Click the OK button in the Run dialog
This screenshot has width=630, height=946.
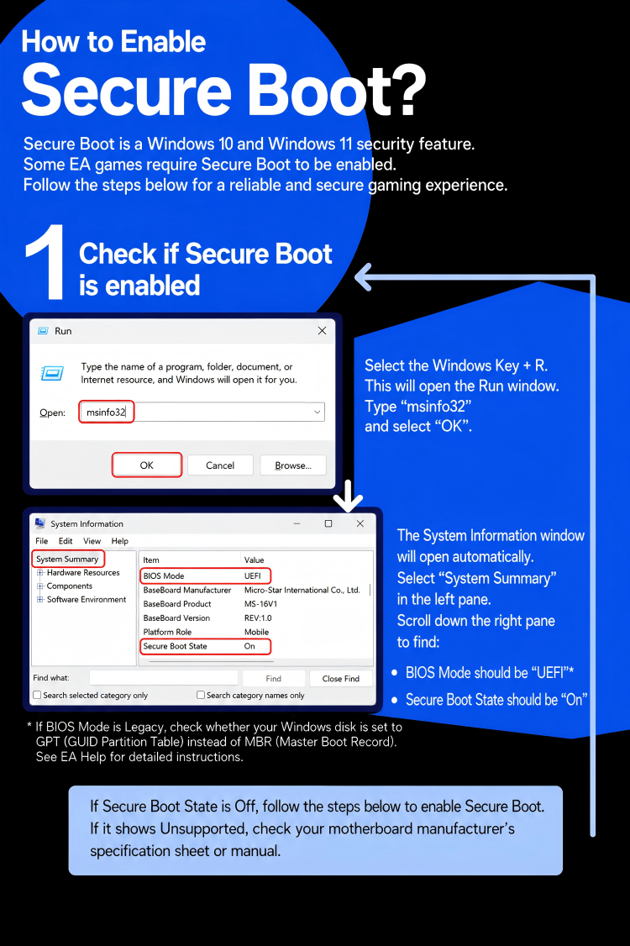point(147,465)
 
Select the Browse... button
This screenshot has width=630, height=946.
point(293,465)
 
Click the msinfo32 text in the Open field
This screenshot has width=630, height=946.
point(106,412)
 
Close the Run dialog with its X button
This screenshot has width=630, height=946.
point(323,331)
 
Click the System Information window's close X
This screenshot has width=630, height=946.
point(360,523)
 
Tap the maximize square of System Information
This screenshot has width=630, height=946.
point(328,523)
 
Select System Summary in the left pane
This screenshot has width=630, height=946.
point(67,560)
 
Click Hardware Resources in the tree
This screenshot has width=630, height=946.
point(83,572)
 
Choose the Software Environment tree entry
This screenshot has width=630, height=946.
point(87,599)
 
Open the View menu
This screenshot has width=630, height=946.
point(92,541)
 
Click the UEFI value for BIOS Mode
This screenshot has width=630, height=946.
point(252,575)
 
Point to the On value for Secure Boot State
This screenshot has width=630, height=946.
point(249,646)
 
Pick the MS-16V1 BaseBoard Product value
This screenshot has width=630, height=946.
point(260,604)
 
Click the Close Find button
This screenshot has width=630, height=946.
point(340,679)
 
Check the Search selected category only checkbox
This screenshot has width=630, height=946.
point(38,695)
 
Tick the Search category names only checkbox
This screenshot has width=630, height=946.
point(201,695)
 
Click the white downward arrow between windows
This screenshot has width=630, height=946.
point(349,497)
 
